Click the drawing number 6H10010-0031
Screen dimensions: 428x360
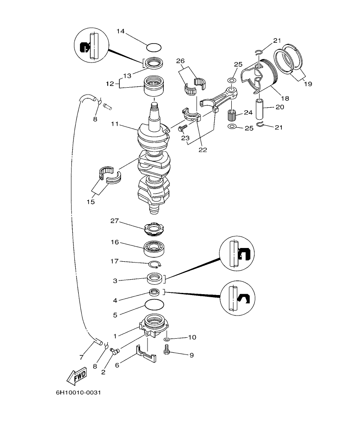click(78, 392)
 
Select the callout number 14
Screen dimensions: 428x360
click(120, 31)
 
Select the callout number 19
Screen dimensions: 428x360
click(307, 84)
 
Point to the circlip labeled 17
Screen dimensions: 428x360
click(154, 266)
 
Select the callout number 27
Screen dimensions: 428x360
click(114, 221)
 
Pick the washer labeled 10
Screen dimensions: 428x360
click(167, 339)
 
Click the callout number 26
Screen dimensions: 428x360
click(180, 61)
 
